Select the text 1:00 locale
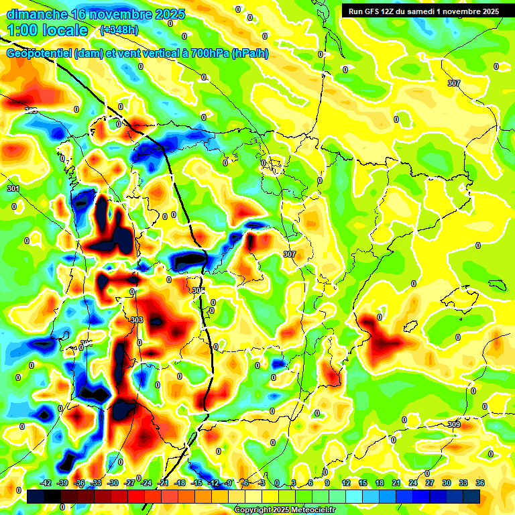(x=48, y=30)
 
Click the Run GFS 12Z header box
(x=420, y=11)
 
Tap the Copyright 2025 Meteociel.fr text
(x=285, y=510)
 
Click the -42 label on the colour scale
(x=46, y=483)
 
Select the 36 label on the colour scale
(x=480, y=483)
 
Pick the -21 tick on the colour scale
(x=163, y=483)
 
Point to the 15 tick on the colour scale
(x=363, y=483)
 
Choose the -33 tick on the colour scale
(x=96, y=483)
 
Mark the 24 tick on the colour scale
(x=413, y=483)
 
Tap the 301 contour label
(x=13, y=189)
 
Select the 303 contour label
(x=137, y=321)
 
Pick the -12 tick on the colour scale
(x=213, y=483)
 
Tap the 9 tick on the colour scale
(x=327, y=483)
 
